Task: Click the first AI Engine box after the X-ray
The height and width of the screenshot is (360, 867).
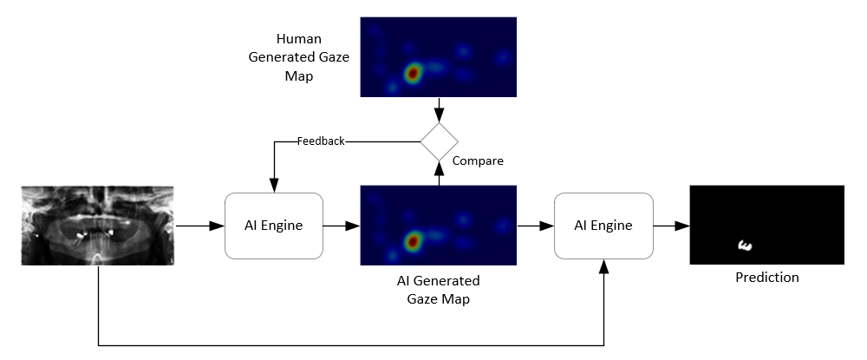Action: coord(274,226)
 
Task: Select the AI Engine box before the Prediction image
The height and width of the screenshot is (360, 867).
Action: coord(603,226)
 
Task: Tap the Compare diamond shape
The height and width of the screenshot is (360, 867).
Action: coord(439,141)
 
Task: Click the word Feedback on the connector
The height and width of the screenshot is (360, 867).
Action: coord(321,141)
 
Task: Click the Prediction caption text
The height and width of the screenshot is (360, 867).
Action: coord(766,278)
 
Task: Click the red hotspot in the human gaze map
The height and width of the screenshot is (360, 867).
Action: coord(414,73)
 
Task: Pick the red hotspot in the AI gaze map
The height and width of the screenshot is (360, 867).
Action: coord(414,239)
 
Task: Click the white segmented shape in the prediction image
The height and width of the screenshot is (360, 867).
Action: coord(743,246)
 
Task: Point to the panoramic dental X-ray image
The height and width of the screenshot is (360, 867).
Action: coord(98,225)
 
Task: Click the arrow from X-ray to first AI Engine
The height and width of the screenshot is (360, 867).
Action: coord(200,226)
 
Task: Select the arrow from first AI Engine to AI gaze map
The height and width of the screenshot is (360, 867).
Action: coord(342,226)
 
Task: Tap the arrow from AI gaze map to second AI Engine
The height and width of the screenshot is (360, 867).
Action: coord(535,226)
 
